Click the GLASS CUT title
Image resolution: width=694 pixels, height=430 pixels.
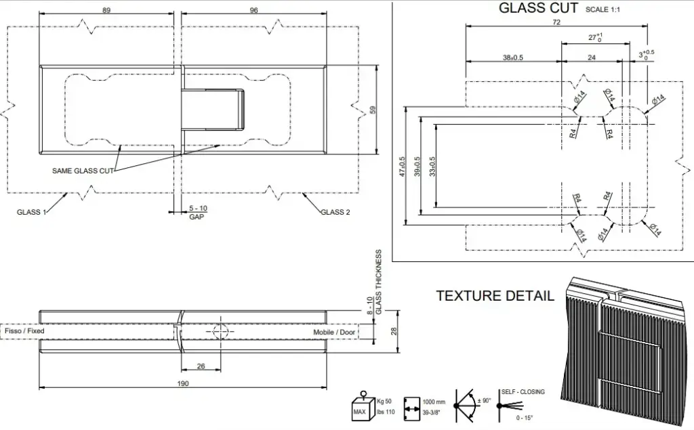(538, 8)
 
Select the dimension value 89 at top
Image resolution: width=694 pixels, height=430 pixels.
(106, 9)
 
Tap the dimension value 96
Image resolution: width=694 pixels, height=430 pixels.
(253, 9)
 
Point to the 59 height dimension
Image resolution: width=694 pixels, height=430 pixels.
(373, 109)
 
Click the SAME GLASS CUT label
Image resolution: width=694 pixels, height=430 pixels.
(83, 171)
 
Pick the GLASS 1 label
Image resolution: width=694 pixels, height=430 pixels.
(31, 212)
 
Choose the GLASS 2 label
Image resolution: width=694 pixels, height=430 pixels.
(335, 212)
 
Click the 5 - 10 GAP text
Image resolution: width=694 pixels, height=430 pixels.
(198, 213)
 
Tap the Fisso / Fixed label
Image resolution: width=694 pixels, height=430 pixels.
(24, 330)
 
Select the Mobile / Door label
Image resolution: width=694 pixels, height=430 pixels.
(334, 332)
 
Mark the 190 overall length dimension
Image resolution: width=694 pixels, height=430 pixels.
(183, 383)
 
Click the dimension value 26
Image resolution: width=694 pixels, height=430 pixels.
(201, 366)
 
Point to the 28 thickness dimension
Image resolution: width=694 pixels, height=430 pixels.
(394, 331)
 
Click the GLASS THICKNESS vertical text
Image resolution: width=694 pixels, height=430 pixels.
(378, 282)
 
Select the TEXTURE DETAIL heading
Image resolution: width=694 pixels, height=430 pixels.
(495, 295)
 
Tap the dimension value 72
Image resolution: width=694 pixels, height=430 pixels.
(556, 22)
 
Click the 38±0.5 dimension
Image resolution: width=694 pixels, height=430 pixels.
(513, 58)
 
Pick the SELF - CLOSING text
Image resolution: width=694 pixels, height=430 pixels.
(523, 391)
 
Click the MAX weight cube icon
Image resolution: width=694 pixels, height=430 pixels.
(363, 406)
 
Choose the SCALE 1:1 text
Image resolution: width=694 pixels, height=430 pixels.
(603, 9)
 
